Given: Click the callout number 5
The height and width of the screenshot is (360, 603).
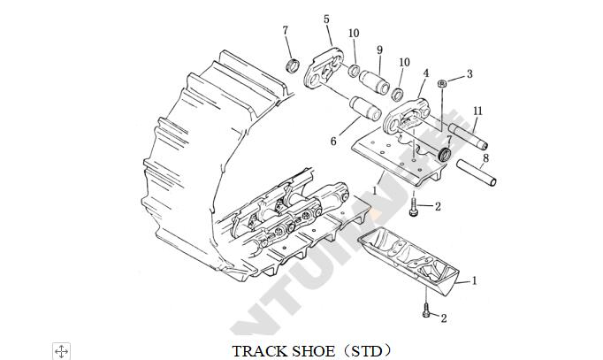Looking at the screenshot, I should (326, 19).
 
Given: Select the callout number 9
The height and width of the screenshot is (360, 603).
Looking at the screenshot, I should (379, 50).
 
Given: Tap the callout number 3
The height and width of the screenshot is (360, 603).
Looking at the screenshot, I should (469, 74).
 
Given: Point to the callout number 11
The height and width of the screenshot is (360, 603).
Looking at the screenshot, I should (477, 111).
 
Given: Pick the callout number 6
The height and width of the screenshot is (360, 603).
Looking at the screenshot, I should (332, 141).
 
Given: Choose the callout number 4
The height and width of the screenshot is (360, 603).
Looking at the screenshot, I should (425, 73).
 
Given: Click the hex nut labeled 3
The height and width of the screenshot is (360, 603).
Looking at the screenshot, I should (442, 83).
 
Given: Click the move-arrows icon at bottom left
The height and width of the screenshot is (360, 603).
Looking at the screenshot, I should (61, 351).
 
